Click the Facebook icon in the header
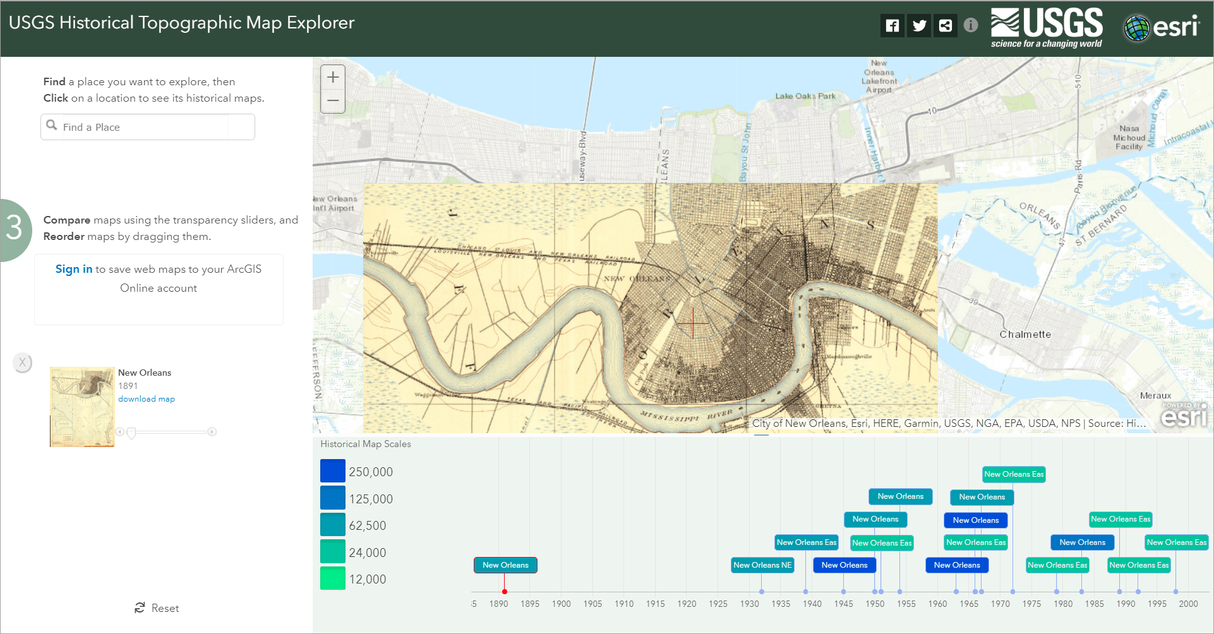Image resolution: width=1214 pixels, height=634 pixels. click(892, 26)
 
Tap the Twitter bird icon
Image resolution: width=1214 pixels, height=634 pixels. click(919, 26)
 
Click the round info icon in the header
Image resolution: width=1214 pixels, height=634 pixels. click(971, 25)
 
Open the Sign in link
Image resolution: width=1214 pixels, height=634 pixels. click(73, 269)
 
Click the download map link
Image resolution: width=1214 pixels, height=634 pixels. click(146, 399)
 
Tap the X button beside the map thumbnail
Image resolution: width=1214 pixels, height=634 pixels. click(22, 362)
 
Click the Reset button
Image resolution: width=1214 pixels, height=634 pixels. click(157, 608)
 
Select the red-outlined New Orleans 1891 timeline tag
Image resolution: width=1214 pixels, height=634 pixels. click(505, 565)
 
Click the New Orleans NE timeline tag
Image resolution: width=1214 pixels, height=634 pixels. click(762, 565)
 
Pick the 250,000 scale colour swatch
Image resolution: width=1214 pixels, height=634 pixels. click(332, 471)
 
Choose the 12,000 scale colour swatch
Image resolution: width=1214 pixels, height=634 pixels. click(332, 578)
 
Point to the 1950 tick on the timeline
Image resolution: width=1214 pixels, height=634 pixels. click(875, 604)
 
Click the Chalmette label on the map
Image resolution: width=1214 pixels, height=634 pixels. click(1025, 335)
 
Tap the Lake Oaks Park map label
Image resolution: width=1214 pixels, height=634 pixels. click(805, 96)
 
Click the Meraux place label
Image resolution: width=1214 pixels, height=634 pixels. click(1155, 395)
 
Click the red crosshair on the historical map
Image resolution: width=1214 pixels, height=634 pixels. click(693, 323)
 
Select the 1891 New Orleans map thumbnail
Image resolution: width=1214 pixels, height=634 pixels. click(82, 407)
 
